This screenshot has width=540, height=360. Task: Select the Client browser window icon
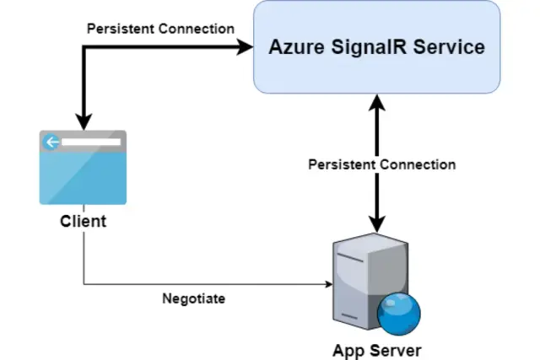[x=83, y=167]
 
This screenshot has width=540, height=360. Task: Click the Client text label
[x=83, y=222]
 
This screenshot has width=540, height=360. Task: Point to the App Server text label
[x=375, y=349]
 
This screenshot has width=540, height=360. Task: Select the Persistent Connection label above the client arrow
[x=160, y=29]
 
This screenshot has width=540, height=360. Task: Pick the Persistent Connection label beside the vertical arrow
[x=381, y=164]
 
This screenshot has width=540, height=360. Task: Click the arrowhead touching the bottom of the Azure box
[x=377, y=101]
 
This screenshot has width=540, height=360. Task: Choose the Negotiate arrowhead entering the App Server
[x=327, y=284]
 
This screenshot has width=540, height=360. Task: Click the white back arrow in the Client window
[x=52, y=142]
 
